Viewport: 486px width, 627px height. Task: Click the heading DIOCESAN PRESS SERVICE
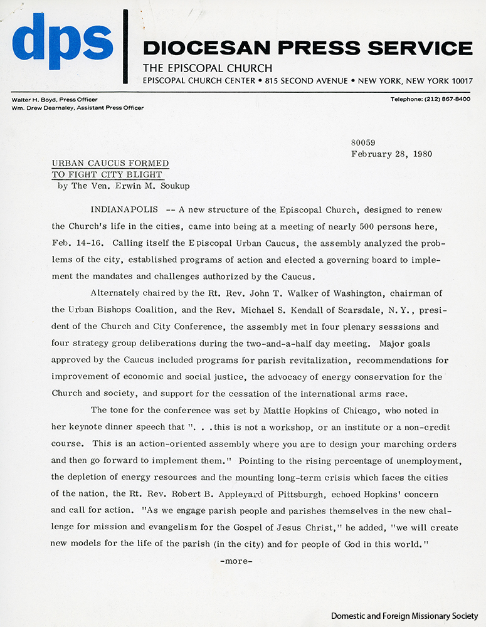(307, 48)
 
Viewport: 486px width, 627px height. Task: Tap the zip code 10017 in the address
(459, 81)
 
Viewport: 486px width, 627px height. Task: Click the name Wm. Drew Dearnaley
(41, 108)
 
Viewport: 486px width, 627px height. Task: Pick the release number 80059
(363, 143)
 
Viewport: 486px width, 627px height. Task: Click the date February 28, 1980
(391, 154)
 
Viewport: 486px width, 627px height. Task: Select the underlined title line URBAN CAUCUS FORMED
(110, 164)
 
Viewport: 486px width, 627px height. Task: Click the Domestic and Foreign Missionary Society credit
(407, 616)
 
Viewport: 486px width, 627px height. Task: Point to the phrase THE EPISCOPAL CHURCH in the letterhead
(208, 68)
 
